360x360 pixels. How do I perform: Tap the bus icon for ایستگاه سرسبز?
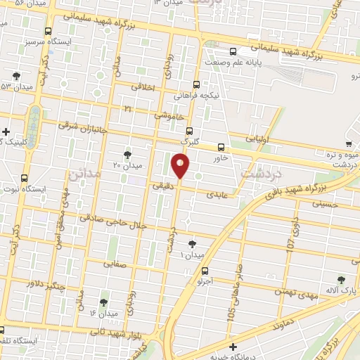pos(48,31)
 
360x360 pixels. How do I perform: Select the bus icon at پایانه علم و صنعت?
pos(233,51)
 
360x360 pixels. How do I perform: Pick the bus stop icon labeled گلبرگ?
pos(188,130)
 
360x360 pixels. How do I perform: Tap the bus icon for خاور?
pos(221,147)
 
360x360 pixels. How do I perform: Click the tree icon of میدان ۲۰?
pos(127,154)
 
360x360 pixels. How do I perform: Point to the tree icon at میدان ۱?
pos(192,244)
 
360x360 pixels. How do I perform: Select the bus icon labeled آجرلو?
pos(205,271)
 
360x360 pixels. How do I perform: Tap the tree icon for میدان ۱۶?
pos(104,302)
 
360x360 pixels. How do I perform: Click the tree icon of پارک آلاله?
pos(342,279)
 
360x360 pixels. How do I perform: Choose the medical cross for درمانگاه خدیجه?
pos(233,346)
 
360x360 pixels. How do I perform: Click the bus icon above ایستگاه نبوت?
pos(25,178)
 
